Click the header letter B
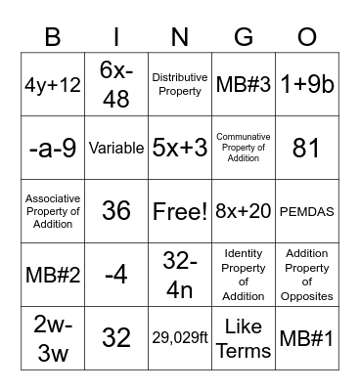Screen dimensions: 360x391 (x=53, y=38)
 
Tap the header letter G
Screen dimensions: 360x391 (x=244, y=38)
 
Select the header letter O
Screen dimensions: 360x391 (x=307, y=38)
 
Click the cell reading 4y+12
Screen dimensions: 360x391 (x=53, y=85)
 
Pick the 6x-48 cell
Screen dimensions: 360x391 (x=116, y=85)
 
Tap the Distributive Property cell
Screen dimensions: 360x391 (x=180, y=85)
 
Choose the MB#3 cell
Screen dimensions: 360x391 (x=244, y=85)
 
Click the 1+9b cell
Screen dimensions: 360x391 (x=307, y=85)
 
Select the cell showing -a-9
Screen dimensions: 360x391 (x=53, y=149)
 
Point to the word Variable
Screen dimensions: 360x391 (x=116, y=149)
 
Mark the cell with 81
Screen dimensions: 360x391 (x=307, y=149)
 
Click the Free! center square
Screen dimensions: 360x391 (x=180, y=211)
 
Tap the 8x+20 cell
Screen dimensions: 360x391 (x=244, y=211)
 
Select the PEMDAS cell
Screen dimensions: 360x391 (x=307, y=211)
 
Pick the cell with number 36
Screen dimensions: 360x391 (x=116, y=211)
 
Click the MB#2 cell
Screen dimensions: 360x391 (x=53, y=275)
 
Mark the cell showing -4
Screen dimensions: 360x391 (x=116, y=275)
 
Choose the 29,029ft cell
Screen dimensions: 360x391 (x=180, y=338)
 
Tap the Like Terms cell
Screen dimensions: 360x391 (x=244, y=338)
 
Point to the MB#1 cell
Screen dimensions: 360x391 (x=307, y=338)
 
